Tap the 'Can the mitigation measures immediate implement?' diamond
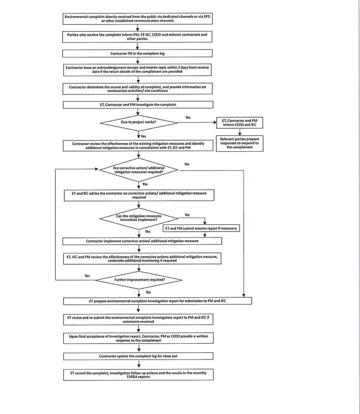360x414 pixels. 138,218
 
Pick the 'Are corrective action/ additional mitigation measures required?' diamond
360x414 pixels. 138,169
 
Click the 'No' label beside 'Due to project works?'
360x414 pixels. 188,118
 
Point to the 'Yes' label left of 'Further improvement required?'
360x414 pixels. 87,276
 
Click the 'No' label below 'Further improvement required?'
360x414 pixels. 148,292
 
